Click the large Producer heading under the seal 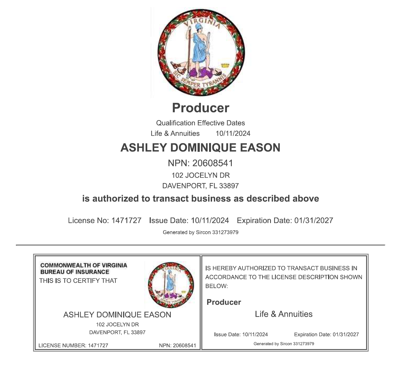[x=201, y=108]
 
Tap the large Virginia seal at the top [x=201, y=52]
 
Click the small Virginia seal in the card [x=171, y=285]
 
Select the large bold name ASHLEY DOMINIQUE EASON [x=200, y=148]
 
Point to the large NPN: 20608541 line [x=200, y=163]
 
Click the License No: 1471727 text [x=105, y=221]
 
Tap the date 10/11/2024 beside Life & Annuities [x=233, y=133]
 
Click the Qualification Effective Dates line [x=200, y=123]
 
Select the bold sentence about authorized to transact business [x=200, y=198]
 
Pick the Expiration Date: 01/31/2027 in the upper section [x=285, y=221]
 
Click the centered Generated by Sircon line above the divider [x=200, y=232]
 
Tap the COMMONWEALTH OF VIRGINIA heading [x=84, y=265]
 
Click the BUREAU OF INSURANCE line [x=75, y=272]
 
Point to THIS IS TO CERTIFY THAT [x=78, y=281]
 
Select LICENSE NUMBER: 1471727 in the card [x=73, y=345]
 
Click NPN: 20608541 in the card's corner [x=177, y=345]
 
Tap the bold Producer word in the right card [x=224, y=302]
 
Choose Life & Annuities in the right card [x=283, y=314]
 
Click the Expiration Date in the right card [x=326, y=334]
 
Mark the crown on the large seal [x=225, y=65]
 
